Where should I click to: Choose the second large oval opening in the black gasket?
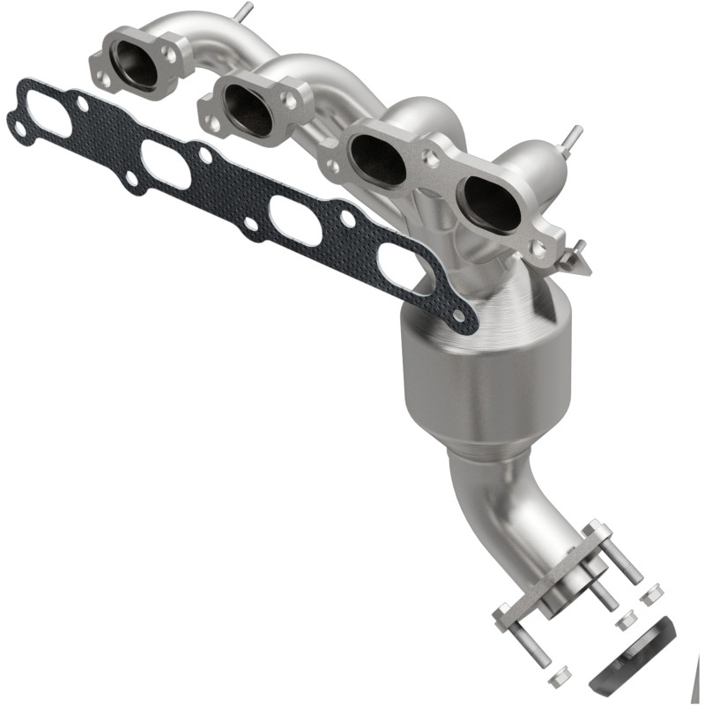click(x=166, y=165)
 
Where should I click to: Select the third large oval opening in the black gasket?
click(x=295, y=219)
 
